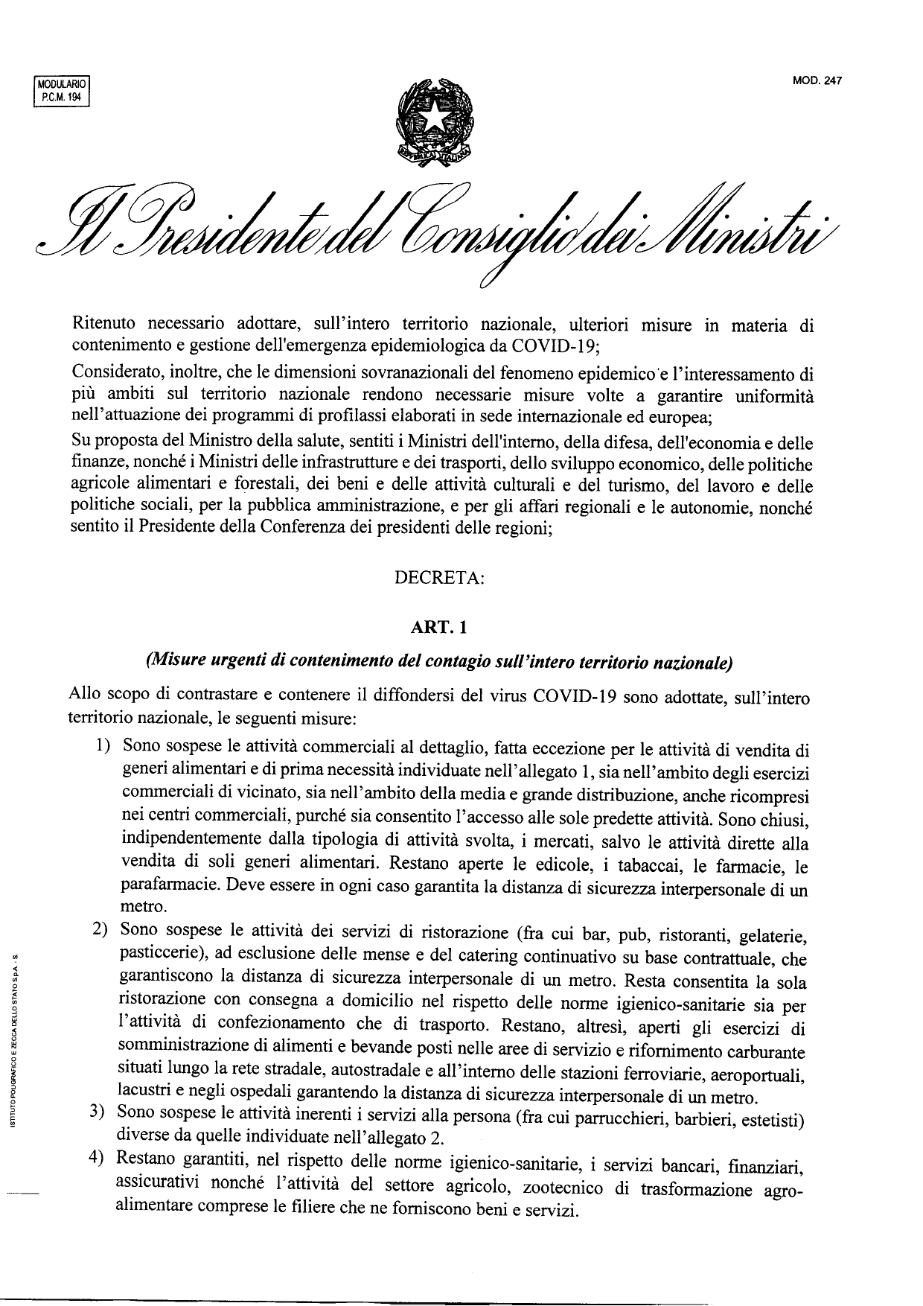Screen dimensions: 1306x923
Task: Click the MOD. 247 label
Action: click(817, 82)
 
